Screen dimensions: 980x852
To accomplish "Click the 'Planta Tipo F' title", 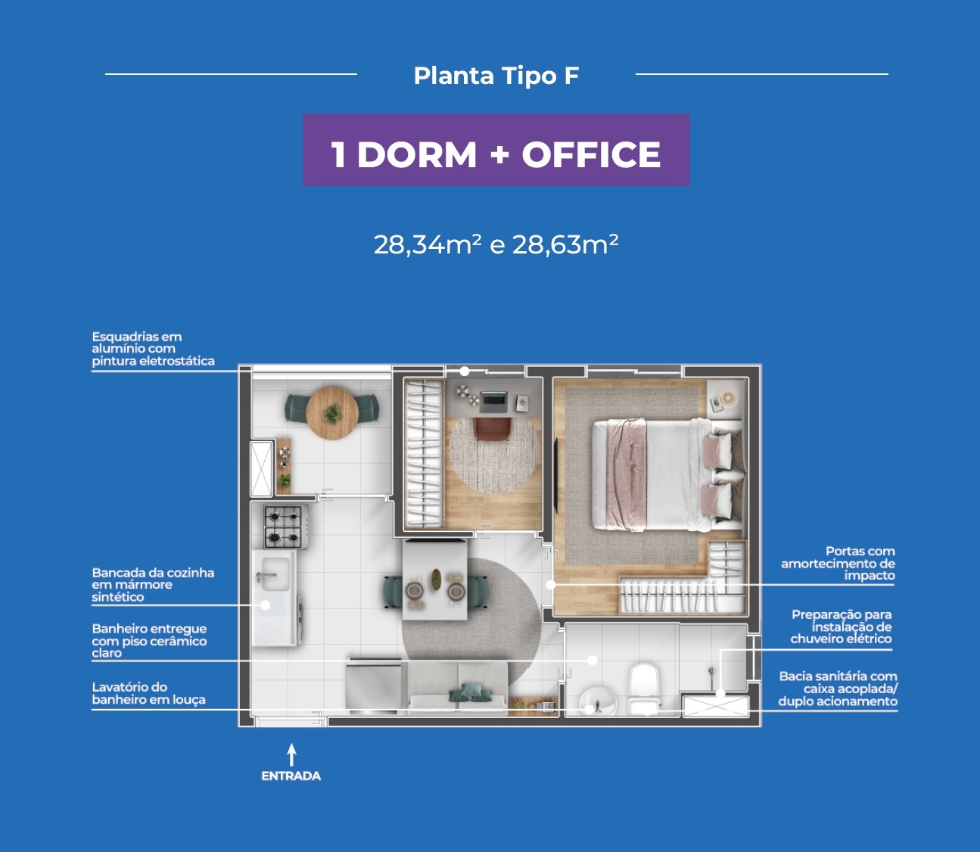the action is [496, 76].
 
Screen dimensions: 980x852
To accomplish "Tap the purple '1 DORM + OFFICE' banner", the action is [496, 150].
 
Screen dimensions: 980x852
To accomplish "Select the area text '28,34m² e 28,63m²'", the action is [496, 244].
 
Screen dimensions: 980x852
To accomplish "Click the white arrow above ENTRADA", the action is [291, 754].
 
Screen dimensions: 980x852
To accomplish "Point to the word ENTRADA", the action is [291, 776].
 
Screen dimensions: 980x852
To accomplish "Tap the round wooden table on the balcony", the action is [332, 413].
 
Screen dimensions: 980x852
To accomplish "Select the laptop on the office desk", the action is [493, 401].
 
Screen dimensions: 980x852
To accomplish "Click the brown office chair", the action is [493, 428].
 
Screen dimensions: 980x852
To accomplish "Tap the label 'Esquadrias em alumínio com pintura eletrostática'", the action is [154, 349].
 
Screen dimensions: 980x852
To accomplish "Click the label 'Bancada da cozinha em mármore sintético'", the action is [153, 585].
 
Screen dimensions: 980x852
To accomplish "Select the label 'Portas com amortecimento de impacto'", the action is [838, 563].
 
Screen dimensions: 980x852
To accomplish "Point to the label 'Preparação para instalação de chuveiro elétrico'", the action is [841, 627].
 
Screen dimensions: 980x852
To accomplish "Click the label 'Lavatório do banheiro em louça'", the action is [148, 693].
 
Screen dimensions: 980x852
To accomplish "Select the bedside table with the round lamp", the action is [724, 399].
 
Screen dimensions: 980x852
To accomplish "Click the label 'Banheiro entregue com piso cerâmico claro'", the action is [149, 641].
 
